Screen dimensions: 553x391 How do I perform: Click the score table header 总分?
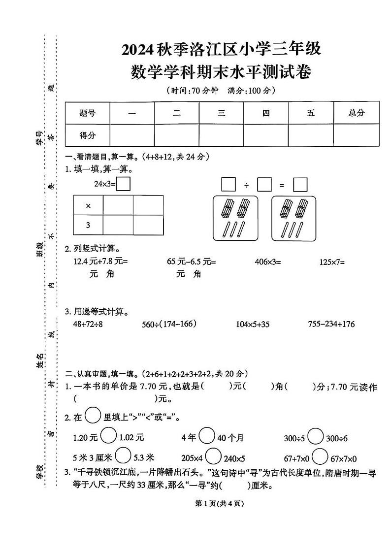(x=357, y=113)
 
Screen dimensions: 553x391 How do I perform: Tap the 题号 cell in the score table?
(x=87, y=113)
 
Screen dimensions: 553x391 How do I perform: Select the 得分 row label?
(x=87, y=135)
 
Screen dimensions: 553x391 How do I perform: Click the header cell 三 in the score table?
(x=222, y=113)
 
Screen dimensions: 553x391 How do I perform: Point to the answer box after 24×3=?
(x=124, y=184)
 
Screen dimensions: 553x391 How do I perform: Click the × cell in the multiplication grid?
(x=88, y=206)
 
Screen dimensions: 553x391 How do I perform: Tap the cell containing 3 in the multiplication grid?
(x=88, y=226)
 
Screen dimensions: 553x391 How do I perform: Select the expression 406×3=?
(x=267, y=262)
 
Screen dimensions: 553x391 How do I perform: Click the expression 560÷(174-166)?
(x=169, y=324)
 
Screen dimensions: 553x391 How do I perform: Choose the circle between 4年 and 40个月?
(x=207, y=436)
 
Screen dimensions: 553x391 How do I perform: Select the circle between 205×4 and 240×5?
(x=213, y=456)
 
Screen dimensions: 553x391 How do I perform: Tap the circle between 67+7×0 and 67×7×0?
(x=321, y=456)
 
